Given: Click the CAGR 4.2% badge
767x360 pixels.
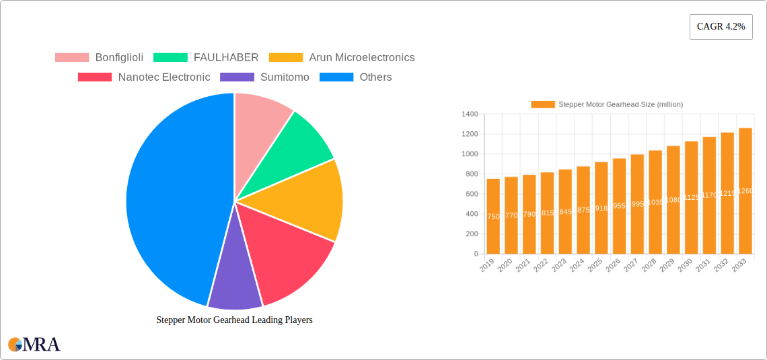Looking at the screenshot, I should pos(721,27).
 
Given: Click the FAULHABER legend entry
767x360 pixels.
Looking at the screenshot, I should pos(206,58).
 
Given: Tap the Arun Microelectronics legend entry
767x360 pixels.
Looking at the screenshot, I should pos(342,58).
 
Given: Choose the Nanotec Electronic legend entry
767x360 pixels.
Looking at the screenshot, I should pos(144,77).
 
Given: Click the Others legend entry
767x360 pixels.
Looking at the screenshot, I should pos(355,77).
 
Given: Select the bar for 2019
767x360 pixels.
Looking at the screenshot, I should pos(493,215).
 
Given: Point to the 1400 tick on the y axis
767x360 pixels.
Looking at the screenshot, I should pos(470,114).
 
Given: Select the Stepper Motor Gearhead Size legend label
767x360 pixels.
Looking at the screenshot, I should pos(607,104).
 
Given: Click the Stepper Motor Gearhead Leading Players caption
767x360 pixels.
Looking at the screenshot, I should pos(234,320).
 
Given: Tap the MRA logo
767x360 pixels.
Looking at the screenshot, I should pos(34,345).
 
